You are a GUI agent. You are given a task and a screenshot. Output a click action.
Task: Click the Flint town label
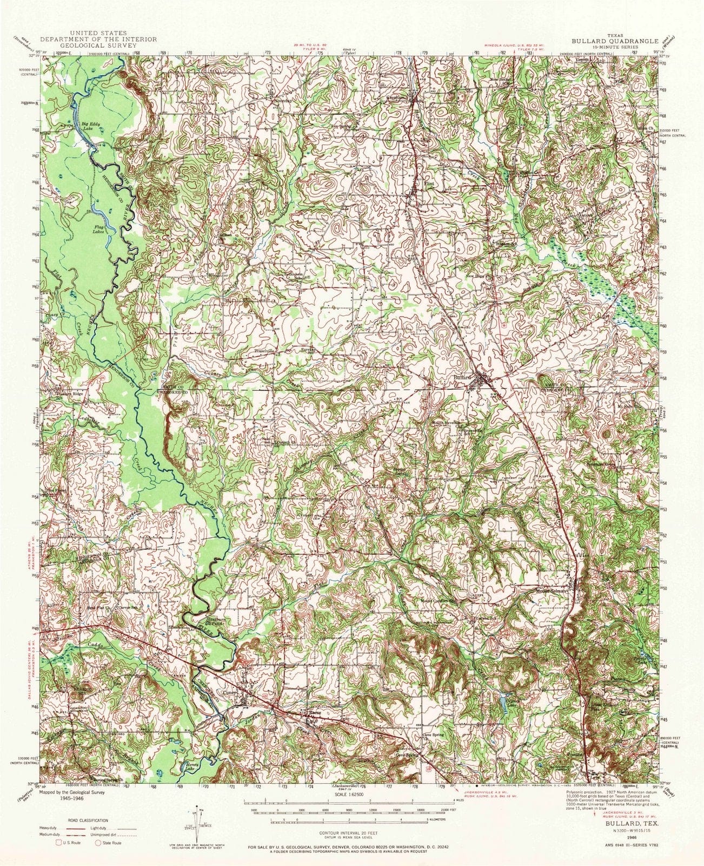pos(429,183)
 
